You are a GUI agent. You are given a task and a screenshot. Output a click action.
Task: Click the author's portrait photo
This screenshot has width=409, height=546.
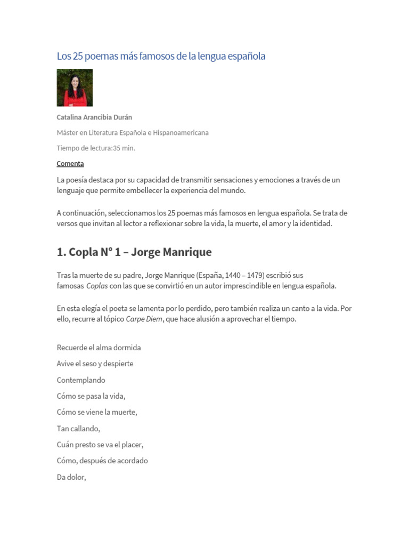[75, 87]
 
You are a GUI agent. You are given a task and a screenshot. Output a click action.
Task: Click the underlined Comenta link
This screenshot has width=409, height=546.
[70, 164]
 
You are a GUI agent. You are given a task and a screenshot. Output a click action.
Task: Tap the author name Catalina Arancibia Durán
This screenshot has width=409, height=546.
[94, 117]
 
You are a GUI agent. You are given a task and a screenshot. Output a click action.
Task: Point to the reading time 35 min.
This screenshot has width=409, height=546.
[124, 148]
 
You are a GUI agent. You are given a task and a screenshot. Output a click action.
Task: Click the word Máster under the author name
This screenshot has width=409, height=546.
[68, 133]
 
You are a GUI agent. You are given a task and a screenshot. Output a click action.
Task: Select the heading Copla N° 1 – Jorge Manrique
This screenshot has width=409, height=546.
[134, 252]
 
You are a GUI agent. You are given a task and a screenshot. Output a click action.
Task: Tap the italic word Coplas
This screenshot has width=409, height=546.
[97, 286]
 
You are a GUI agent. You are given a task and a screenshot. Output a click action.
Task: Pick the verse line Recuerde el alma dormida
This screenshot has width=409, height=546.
[99, 348]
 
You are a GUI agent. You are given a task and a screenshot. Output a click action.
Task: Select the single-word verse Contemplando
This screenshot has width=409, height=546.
[81, 380]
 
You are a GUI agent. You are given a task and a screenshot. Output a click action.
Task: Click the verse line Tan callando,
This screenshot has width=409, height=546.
[78, 428]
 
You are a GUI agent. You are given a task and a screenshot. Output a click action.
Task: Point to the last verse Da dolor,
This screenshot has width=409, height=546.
[71, 477]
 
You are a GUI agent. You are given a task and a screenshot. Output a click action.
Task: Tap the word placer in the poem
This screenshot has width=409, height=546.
[133, 445]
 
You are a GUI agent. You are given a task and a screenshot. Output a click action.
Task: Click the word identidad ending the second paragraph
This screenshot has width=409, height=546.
[315, 223]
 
